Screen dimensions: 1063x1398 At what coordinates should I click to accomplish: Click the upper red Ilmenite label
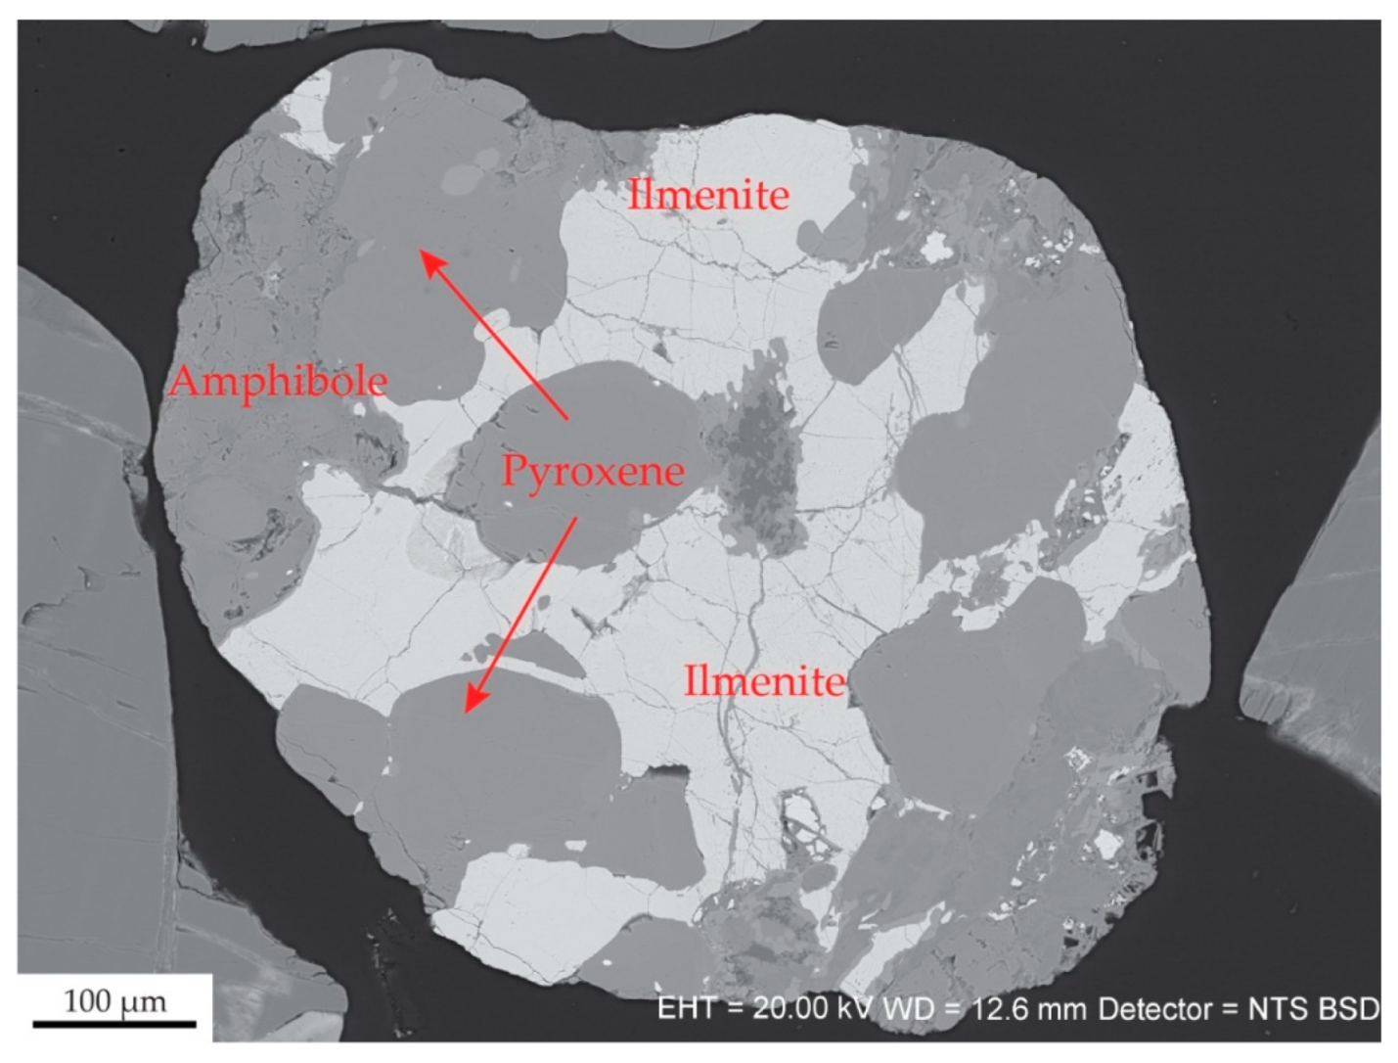pyautogui.click(x=708, y=195)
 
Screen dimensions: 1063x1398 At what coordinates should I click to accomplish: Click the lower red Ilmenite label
pyautogui.click(x=764, y=679)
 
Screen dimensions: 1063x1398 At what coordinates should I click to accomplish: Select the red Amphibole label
pyautogui.click(x=279, y=381)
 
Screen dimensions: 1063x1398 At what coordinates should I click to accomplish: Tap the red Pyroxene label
pyautogui.click(x=593, y=471)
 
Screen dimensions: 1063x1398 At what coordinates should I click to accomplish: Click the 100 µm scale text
pyautogui.click(x=114, y=1001)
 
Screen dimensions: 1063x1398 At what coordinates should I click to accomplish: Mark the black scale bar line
pyautogui.click(x=114, y=1024)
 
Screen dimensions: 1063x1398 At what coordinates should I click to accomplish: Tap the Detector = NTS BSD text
pyautogui.click(x=1238, y=1008)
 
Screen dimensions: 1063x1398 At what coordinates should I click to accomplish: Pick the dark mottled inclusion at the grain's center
pyautogui.click(x=758, y=460)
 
